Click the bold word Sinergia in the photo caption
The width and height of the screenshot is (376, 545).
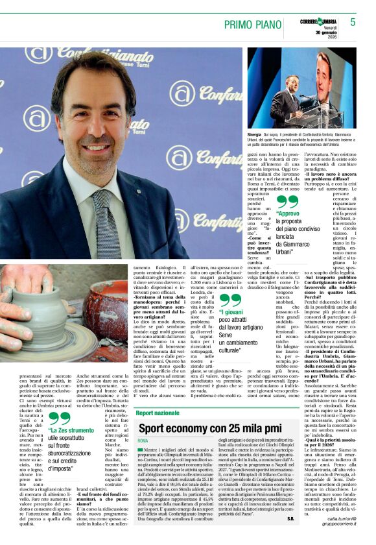pyautogui.click(x=255, y=136)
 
